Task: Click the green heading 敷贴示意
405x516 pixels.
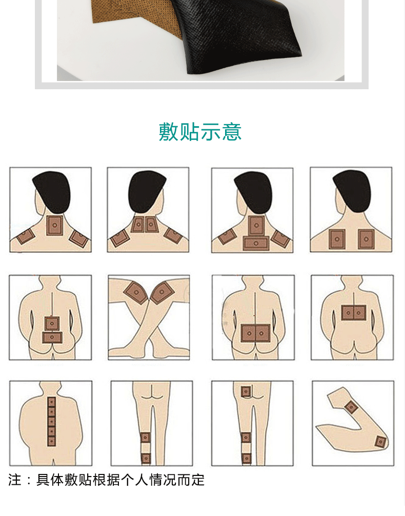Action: pos(200,132)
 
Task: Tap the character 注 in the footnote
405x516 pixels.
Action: pos(15,480)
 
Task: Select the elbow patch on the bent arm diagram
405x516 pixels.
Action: pos(380,441)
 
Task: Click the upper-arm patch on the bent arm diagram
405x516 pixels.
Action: pos(351,407)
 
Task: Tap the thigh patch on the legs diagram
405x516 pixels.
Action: pos(247,392)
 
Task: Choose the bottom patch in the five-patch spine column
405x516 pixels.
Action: pos(51,440)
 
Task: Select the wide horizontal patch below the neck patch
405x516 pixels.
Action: pos(257,242)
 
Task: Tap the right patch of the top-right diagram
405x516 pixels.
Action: pos(365,239)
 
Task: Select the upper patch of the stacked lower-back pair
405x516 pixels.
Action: pos(52,323)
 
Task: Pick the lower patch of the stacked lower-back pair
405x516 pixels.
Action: pos(52,337)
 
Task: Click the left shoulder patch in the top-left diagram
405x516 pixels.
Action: pos(25,236)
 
